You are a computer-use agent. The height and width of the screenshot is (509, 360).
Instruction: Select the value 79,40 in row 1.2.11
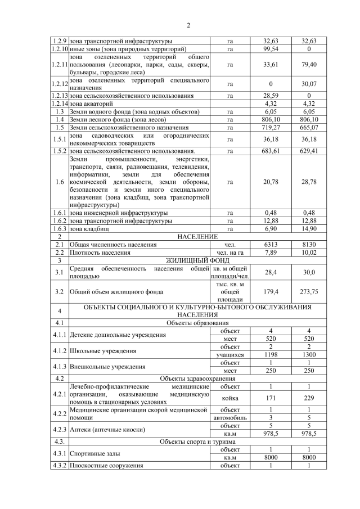tap(309, 65)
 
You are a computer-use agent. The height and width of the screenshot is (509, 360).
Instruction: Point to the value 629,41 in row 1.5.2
tap(309, 151)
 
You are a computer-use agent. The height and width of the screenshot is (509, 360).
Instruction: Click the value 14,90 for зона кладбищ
tap(309, 229)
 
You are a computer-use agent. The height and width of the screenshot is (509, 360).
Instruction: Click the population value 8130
tap(309, 245)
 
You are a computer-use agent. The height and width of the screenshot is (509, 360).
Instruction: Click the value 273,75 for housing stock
tap(309, 292)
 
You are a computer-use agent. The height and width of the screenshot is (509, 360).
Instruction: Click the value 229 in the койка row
tap(309, 398)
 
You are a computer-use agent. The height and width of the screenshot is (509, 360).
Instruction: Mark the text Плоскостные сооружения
tap(106, 466)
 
